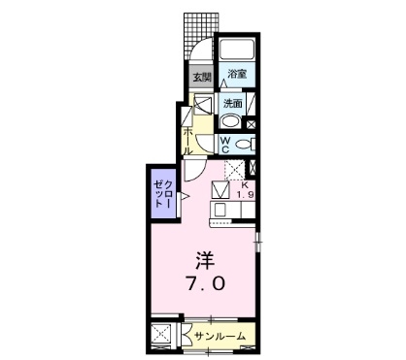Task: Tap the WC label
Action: (223, 145)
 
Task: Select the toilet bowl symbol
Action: (244, 145)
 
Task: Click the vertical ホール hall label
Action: (186, 136)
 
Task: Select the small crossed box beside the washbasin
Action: (252, 123)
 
